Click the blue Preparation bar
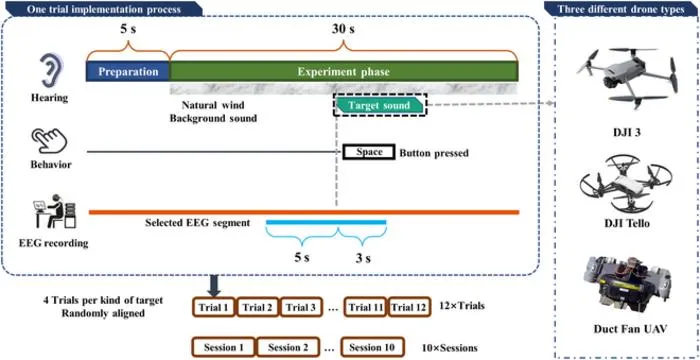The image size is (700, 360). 128,71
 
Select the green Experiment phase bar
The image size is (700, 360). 344,71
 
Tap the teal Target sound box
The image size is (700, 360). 380,105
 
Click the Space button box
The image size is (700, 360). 369,152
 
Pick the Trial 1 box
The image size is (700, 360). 213,307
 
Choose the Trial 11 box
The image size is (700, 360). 366,307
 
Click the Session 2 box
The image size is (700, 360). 288,347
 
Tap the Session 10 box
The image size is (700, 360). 373,347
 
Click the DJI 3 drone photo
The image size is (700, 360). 626,77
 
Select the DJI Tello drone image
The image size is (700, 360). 624,183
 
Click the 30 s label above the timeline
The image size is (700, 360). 343,29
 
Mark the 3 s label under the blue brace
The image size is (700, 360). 362,258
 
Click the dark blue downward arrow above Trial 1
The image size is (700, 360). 213,286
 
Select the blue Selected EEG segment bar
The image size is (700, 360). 326,222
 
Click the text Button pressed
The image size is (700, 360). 434,153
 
